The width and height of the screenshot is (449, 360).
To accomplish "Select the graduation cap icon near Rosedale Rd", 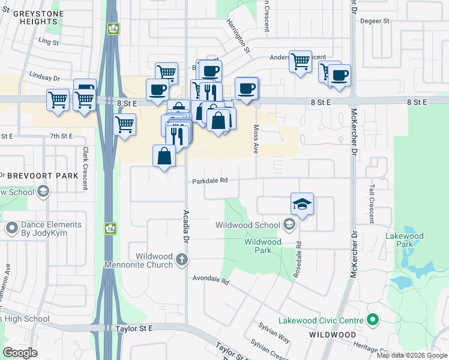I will [303, 205].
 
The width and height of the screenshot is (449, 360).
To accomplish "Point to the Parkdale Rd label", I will [210, 181].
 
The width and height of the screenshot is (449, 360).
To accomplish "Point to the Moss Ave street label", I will [256, 139].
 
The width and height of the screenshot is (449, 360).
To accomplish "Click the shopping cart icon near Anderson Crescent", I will [300, 61].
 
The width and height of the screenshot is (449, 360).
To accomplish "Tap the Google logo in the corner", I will [20, 353].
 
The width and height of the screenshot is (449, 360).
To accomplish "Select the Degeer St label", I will [375, 21].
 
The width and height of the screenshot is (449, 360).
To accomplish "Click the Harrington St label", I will [238, 35].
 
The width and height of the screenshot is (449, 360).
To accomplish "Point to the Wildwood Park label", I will [262, 246].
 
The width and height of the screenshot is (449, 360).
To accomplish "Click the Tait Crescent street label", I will [372, 204].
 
